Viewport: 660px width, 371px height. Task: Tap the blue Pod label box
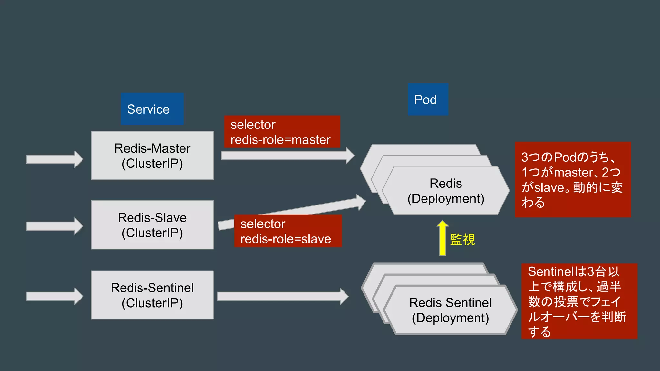tap(428, 100)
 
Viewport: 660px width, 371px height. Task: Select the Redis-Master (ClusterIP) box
tap(152, 156)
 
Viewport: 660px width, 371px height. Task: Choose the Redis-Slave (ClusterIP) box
tap(152, 225)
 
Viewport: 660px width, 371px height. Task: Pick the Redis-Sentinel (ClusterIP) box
tap(152, 295)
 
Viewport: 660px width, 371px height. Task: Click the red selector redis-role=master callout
tap(282, 132)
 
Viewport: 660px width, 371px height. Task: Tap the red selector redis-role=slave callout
tap(287, 231)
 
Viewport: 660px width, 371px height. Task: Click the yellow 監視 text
tap(462, 240)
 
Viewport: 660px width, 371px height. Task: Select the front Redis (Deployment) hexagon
tap(446, 191)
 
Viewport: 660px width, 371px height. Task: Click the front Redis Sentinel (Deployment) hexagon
tap(450, 310)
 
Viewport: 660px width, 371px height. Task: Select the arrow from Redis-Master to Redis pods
tap(287, 156)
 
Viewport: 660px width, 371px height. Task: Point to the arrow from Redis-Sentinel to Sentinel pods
tap(282, 296)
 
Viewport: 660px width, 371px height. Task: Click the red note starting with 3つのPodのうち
tap(573, 179)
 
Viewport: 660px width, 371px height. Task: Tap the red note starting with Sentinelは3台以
tap(579, 301)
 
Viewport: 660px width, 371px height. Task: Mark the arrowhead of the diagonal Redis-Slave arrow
tap(361, 202)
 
